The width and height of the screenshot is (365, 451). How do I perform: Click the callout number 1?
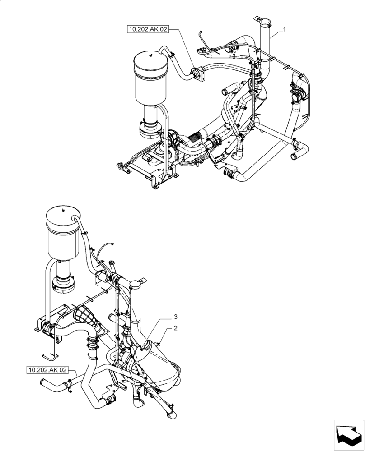pyautogui.click(x=285, y=29)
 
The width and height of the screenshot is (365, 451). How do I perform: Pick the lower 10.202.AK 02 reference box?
pyautogui.click(x=47, y=370)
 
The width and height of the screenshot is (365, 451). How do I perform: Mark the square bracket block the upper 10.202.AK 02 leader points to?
pyautogui.click(x=197, y=74)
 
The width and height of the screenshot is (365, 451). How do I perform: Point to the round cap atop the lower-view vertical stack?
pyautogui.click(x=136, y=283)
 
